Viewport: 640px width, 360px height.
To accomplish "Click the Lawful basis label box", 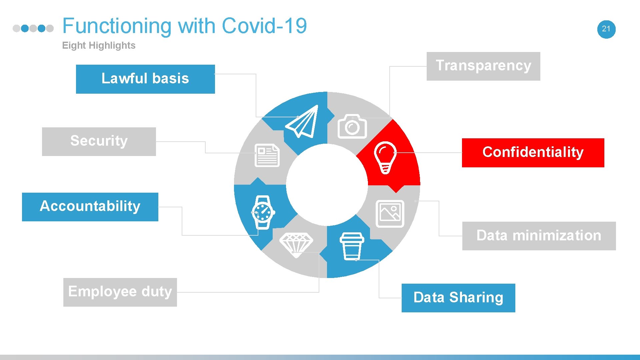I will (x=145, y=79).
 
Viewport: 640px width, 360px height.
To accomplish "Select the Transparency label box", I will (x=483, y=66).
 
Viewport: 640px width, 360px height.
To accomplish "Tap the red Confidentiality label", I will (x=533, y=153).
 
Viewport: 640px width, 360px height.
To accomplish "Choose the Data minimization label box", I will (x=539, y=236).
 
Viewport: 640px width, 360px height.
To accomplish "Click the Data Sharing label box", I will (x=458, y=298).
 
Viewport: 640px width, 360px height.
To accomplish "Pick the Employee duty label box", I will (x=120, y=292).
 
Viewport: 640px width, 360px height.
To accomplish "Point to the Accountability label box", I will (x=90, y=207).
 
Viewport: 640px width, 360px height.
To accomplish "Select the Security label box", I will (x=99, y=141).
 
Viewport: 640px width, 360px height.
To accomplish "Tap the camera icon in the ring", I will (x=352, y=127).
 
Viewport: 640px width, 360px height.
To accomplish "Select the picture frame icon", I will (x=390, y=214).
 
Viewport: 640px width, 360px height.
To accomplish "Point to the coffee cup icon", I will (x=352, y=246).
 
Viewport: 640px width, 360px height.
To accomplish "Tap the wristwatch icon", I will (x=263, y=212).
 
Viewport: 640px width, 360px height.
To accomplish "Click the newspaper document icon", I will (x=267, y=155).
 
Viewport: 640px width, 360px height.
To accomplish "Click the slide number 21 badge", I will (x=606, y=29).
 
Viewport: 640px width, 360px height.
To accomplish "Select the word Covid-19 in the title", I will (x=264, y=26).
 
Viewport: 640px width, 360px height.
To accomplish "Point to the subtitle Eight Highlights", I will (x=99, y=45).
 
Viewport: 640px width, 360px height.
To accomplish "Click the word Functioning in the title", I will (x=117, y=26).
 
